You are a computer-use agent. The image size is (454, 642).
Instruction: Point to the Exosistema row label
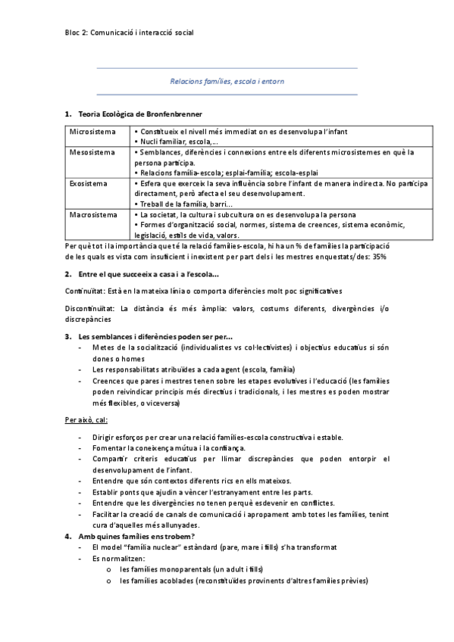(x=89, y=183)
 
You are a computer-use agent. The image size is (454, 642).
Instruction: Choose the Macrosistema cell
(x=93, y=215)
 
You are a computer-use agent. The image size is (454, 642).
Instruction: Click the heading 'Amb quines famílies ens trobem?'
(x=136, y=536)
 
